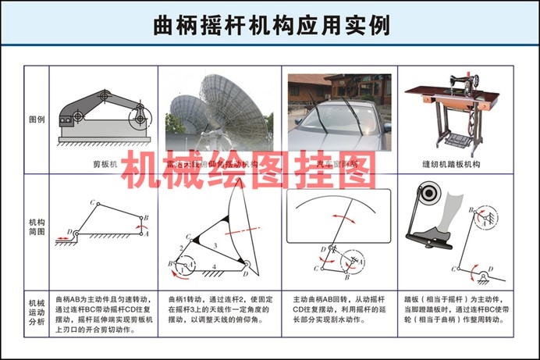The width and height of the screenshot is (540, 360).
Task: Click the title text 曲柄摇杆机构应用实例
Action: pyautogui.click(x=270, y=24)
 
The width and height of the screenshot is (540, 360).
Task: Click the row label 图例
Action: pyautogui.click(x=37, y=120)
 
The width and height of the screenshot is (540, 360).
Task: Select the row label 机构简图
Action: pyautogui.click(x=37, y=226)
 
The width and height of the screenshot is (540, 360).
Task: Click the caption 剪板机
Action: pyautogui.click(x=103, y=165)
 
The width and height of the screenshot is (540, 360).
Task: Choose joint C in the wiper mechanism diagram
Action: pyautogui.click(x=317, y=268)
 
